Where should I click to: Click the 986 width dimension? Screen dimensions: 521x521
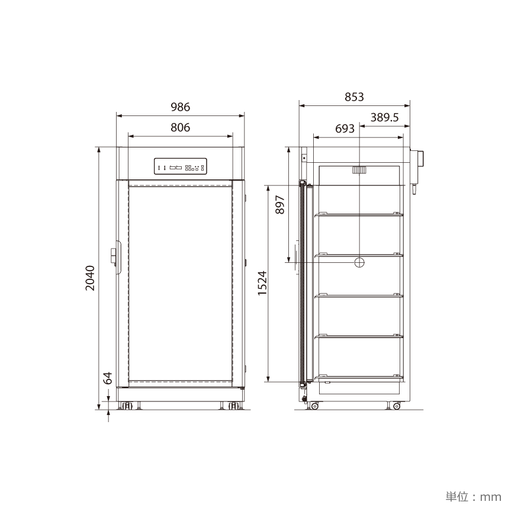coord(181,107)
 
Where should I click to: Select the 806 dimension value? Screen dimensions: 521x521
coord(181,127)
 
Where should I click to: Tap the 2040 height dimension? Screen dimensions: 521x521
coord(90,278)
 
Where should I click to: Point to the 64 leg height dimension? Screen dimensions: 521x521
coord(108,378)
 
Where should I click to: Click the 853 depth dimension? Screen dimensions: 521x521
coord(354,97)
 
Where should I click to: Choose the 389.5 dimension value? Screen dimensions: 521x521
coord(384,117)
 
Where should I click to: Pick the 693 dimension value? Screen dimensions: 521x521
coord(345,128)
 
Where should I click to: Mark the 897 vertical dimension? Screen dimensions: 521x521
coord(280,205)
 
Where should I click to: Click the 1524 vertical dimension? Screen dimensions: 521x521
coord(262,283)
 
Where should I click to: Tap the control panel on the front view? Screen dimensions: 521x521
coord(181,166)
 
